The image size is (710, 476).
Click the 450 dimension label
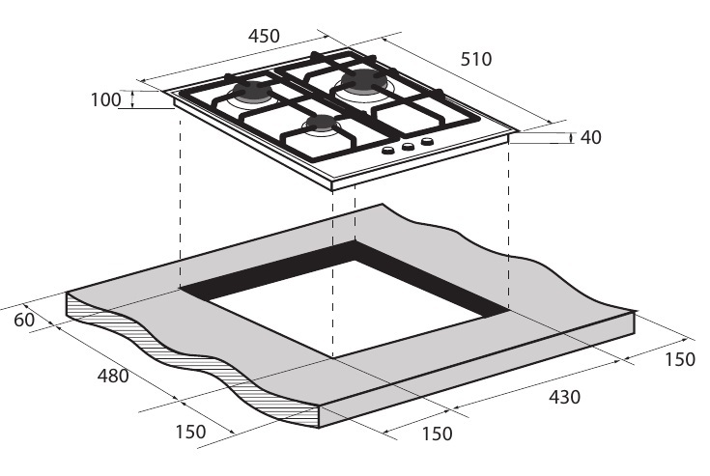pos(264,36)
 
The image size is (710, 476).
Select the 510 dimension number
pos(476,59)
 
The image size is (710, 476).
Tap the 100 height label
pos(106,100)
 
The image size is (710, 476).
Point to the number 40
pos(590,137)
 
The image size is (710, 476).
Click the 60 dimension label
pos(24,320)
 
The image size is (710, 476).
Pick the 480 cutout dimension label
pos(113,376)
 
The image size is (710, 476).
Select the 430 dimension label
pos(564,397)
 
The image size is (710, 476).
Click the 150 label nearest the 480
pos(190,432)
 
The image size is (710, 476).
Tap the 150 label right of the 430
pos(680,359)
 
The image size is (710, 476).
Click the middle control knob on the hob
pos(408,146)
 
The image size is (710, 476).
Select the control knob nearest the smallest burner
pos(388,151)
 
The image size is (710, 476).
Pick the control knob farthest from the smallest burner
pos(427,142)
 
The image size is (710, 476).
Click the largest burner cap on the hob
pos(364,81)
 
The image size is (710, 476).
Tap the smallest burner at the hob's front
pos(322,124)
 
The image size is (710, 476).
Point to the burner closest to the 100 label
pos(252,93)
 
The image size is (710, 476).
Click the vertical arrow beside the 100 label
pos(132,99)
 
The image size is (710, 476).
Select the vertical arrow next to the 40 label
pos(571,138)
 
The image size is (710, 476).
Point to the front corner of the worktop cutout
pos(333,358)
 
